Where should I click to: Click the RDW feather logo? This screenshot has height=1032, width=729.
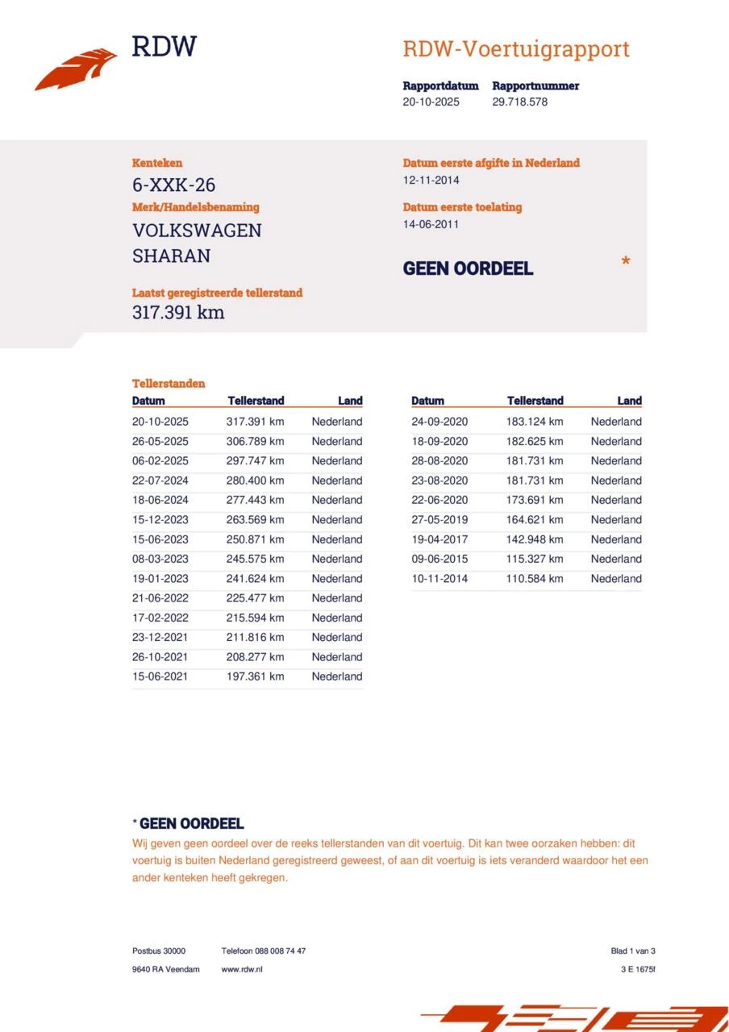pyautogui.click(x=76, y=69)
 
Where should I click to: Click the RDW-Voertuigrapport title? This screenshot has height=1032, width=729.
pyautogui.click(x=515, y=49)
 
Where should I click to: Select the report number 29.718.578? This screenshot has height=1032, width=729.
pyautogui.click(x=519, y=102)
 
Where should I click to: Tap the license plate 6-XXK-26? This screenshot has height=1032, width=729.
pyautogui.click(x=173, y=185)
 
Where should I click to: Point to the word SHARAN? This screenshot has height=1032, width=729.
pyautogui.click(x=171, y=256)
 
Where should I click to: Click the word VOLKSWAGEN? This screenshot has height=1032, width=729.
pyautogui.click(x=197, y=231)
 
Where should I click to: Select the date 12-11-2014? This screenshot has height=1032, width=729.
pyautogui.click(x=431, y=181)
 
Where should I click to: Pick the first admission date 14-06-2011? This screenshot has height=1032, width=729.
pyautogui.click(x=431, y=224)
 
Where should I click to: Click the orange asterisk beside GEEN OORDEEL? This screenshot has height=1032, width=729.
pyautogui.click(x=625, y=262)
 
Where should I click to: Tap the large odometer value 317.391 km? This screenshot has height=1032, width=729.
pyautogui.click(x=178, y=313)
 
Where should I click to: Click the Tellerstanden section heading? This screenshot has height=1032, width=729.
pyautogui.click(x=169, y=384)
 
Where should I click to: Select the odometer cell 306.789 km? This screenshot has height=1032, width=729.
pyautogui.click(x=255, y=441)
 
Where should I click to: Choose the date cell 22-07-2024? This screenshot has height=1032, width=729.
pyautogui.click(x=160, y=481)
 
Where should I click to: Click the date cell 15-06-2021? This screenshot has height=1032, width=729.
pyautogui.click(x=160, y=676)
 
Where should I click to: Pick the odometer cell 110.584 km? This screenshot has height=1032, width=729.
pyautogui.click(x=535, y=579)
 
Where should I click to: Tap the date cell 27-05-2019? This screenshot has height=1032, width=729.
pyautogui.click(x=439, y=520)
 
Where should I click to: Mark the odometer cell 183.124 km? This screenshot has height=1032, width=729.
pyautogui.click(x=535, y=422)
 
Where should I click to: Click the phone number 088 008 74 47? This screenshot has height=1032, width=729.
pyautogui.click(x=279, y=951)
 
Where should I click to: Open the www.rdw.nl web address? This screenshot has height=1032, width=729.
pyautogui.click(x=241, y=969)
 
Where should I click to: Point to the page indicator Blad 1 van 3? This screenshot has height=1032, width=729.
pyautogui.click(x=632, y=951)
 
